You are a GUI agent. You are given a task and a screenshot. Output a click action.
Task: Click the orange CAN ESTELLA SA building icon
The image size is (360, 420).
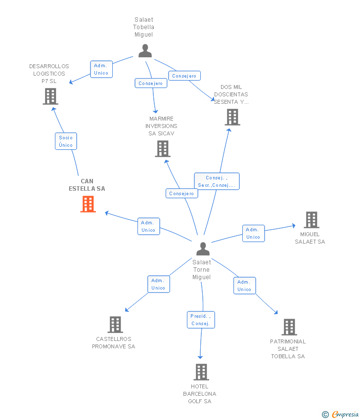point(88,204)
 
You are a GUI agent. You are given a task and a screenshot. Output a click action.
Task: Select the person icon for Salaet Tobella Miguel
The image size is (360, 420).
point(145,51)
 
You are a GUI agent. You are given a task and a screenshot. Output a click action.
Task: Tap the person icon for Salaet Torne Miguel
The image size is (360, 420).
point(203,249)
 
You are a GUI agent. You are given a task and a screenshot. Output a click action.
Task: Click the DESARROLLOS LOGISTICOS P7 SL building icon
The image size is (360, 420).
point(50,96)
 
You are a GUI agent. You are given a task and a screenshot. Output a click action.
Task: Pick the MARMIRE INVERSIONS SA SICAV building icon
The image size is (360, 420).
point(162,149)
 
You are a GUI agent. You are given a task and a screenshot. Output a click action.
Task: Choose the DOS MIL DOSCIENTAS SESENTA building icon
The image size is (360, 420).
point(232,117)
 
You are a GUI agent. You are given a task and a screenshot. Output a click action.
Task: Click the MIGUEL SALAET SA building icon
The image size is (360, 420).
point(311,220)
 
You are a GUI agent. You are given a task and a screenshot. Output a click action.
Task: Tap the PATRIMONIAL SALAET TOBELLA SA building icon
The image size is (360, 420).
point(289,327)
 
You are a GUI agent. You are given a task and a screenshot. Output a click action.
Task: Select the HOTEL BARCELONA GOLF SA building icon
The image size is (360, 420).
point(201,372)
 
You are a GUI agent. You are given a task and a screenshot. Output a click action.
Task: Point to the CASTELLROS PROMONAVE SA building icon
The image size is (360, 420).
point(115,325)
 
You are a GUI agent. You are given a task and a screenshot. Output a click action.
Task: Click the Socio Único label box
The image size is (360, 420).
point(66,141)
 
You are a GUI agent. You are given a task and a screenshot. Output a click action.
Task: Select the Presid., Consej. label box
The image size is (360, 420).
point(201,320)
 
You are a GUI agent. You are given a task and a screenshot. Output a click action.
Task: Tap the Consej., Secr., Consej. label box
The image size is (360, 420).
point(217,181)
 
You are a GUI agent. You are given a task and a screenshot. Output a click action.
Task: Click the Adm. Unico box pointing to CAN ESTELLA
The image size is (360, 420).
point(148,226)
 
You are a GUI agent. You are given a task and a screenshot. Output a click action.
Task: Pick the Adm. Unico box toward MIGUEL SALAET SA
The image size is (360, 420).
point(253,233)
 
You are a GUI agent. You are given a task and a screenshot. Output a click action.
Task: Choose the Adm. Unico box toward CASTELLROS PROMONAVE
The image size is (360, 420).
point(158,284)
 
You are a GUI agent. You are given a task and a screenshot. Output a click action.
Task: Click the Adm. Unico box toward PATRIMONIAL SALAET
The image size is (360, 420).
point(244,286)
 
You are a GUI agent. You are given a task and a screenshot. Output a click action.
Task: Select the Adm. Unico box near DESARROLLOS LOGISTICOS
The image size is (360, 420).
point(101,69)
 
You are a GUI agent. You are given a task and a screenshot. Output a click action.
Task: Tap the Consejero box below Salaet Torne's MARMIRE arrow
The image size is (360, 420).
point(181,194)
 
